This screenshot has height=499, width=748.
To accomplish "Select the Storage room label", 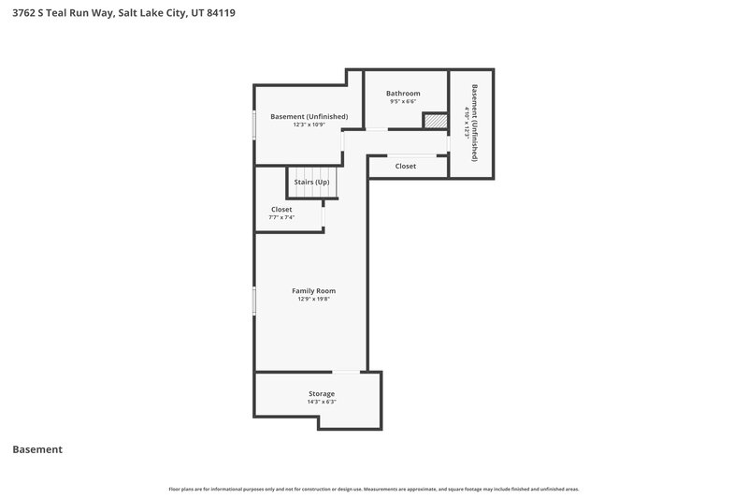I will (x=322, y=393).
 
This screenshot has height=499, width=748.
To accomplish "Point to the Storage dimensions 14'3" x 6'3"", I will (x=322, y=402).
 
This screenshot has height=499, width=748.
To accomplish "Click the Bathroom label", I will (x=404, y=94).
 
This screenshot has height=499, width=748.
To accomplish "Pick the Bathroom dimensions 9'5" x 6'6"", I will (x=404, y=102).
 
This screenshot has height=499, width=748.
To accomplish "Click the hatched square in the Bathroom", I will (x=435, y=122).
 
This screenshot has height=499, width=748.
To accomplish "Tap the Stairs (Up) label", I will (x=311, y=182).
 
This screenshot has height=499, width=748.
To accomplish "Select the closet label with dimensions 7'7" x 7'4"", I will (x=281, y=209).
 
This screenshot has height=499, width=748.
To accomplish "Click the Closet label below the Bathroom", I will (x=405, y=166).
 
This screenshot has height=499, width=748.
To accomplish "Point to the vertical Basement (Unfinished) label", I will (x=475, y=124).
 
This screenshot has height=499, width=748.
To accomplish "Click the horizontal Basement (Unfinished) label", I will (x=309, y=116).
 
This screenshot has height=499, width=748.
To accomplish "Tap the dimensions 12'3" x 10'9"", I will (x=309, y=125).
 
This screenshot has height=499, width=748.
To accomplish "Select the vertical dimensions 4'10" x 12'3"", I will (x=466, y=124).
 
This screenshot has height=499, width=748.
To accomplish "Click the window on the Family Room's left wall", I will (x=254, y=301).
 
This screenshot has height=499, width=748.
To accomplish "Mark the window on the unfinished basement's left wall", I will (x=254, y=125).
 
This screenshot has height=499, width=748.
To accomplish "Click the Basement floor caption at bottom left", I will (x=37, y=449).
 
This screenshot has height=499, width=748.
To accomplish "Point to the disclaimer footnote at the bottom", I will (x=374, y=489).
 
